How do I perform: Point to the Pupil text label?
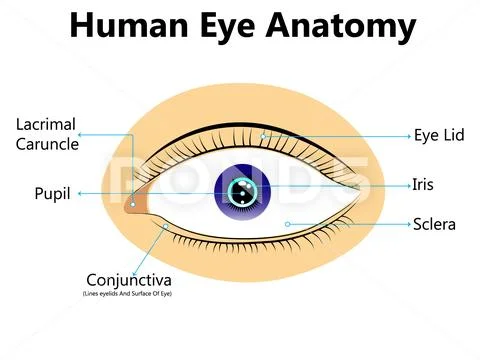tap(51, 193)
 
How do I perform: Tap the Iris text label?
tap(423, 184)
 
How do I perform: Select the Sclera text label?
tap(434, 224)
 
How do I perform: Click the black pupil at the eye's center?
tap(240, 190)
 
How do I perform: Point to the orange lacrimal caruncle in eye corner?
tap(134, 203)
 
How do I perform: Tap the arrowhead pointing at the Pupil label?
tap(79, 193)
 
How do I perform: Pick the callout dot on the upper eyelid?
tap(262, 134)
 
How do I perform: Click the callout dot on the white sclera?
tap(287, 223)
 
